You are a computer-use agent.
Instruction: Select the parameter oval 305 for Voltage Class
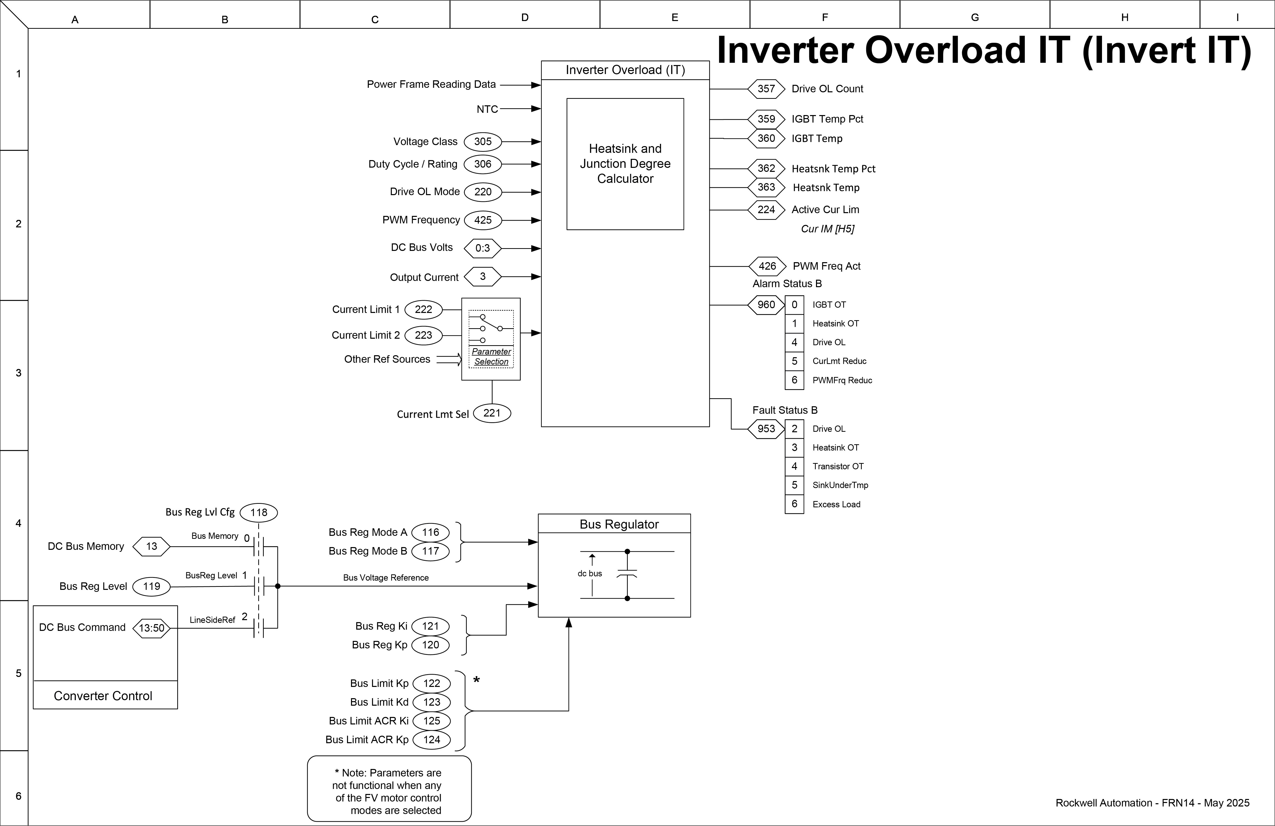[483, 142]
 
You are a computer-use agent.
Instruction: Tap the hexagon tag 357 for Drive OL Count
[766, 89]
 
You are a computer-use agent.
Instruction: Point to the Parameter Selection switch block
[491, 339]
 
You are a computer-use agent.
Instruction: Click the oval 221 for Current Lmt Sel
[492, 413]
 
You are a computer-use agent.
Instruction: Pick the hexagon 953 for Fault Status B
[766, 429]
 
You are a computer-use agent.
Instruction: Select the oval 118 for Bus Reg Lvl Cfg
[259, 512]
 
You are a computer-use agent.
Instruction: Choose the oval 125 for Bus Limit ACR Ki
[431, 721]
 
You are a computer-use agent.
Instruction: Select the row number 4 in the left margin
[18, 523]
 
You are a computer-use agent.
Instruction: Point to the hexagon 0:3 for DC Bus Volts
[483, 248]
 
